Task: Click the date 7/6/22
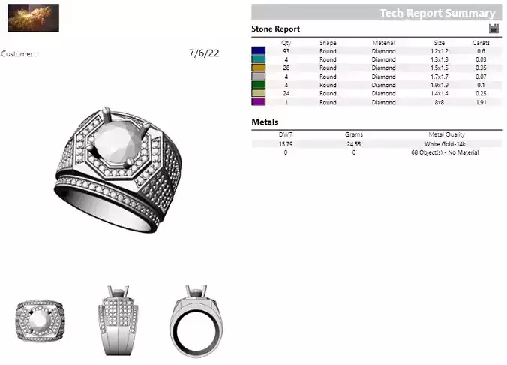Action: tap(204, 53)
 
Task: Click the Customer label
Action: tap(19, 54)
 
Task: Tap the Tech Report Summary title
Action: tap(437, 13)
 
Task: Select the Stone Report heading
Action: tap(275, 29)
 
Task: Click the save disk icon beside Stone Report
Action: tap(493, 29)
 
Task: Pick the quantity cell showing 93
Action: tap(286, 51)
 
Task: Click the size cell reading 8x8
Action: tap(439, 101)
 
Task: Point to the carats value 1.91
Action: tap(481, 101)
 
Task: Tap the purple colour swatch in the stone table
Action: tap(259, 101)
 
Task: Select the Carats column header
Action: tap(481, 43)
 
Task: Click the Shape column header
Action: tap(328, 43)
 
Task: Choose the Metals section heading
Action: tap(265, 122)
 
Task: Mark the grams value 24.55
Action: tap(354, 143)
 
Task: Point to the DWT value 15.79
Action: tap(286, 143)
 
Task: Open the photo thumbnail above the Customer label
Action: tap(34, 17)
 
